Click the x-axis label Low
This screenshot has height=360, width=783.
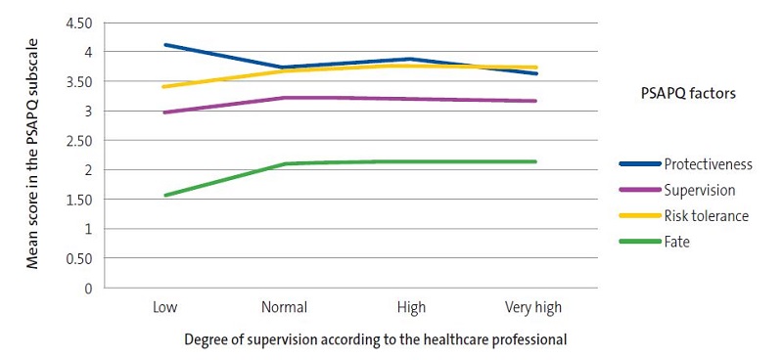click(164, 308)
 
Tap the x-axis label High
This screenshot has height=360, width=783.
click(411, 308)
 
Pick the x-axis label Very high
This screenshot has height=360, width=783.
click(533, 308)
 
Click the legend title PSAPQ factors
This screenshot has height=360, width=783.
click(683, 93)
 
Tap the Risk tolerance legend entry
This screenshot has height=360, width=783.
click(705, 215)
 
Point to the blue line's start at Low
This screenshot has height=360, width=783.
click(164, 45)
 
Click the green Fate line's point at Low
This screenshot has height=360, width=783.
click(164, 195)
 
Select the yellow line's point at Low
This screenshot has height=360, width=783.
click(164, 87)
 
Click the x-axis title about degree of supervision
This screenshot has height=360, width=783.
click(375, 339)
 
